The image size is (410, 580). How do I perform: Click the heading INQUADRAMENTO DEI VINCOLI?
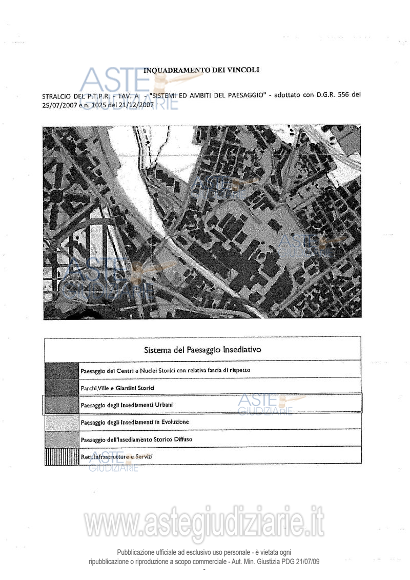202,70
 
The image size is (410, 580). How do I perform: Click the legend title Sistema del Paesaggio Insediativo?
202,350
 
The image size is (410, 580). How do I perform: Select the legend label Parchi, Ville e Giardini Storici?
117,388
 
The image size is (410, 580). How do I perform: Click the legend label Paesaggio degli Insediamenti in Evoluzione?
135,422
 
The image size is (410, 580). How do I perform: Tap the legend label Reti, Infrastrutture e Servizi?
116,456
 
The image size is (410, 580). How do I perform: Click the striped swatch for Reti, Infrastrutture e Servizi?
61,456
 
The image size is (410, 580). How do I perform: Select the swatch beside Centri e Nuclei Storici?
61,370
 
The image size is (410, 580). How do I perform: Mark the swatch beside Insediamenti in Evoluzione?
61,422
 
